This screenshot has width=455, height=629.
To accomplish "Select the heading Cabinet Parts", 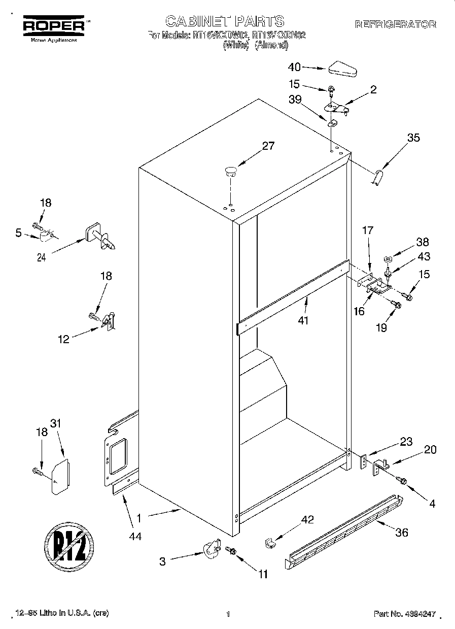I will [225, 21].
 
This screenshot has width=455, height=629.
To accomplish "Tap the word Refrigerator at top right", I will [395, 24].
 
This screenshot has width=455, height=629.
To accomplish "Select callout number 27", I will [268, 146].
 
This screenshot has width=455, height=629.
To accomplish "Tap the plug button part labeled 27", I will [231, 171].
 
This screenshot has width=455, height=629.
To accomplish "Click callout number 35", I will [413, 137].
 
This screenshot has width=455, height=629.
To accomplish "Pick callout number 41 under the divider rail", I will [303, 320].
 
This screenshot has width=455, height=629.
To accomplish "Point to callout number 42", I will [307, 519].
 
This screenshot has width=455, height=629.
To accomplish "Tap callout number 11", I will [262, 574].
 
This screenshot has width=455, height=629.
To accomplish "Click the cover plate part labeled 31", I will [60, 477].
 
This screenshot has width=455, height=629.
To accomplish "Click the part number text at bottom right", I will [405, 614].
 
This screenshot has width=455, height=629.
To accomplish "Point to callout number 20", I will [430, 449].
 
